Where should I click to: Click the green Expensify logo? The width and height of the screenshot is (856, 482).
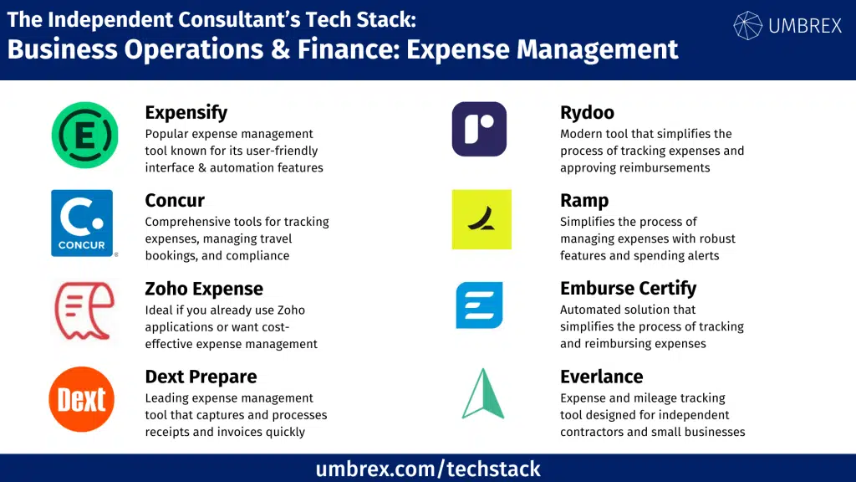[x=84, y=136]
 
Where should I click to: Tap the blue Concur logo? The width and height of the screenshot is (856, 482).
[x=82, y=223]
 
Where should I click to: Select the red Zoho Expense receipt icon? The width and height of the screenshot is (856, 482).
[x=84, y=311]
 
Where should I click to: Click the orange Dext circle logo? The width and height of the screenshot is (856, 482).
[x=82, y=399]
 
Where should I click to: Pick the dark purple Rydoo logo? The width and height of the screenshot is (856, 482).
[x=479, y=129]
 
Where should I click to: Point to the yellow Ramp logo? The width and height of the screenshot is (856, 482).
[x=481, y=219]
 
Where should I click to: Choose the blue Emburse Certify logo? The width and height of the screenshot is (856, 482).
[x=479, y=305]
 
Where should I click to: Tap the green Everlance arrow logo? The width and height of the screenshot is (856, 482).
[x=482, y=394]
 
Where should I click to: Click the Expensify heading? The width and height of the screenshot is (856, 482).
[x=186, y=112]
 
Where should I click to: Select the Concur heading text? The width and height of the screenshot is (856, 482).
[x=175, y=200]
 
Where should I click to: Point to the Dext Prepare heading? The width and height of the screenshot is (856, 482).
[x=201, y=377]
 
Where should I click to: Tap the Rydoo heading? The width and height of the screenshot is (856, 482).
[x=587, y=112]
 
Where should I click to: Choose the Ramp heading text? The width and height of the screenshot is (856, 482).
[x=584, y=201]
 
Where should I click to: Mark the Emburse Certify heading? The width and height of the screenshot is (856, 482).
[x=628, y=289]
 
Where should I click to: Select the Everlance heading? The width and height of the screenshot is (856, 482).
[x=601, y=377]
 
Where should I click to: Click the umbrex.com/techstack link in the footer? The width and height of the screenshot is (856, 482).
[x=428, y=469]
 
